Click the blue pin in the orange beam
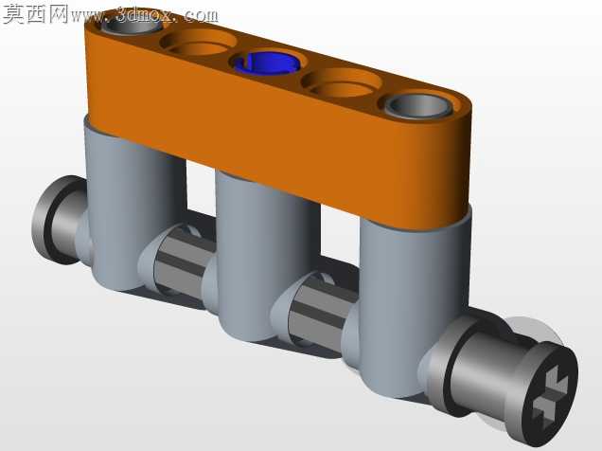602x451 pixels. point(265,63)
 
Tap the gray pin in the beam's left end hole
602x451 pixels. point(132,27)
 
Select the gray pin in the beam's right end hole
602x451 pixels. point(419,105)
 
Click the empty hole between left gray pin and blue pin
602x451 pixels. point(198,43)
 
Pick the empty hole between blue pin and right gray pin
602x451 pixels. point(342,82)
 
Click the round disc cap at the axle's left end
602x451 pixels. point(58,220)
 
